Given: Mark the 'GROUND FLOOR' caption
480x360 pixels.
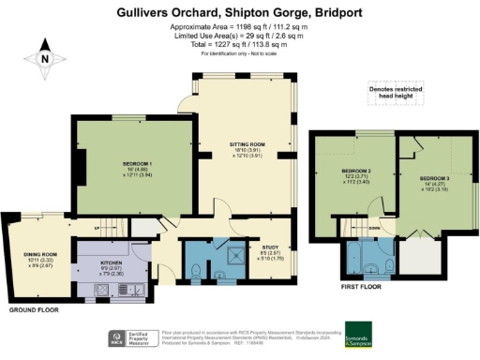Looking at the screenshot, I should point(37,308).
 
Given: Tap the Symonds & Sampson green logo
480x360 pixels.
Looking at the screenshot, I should point(357,334).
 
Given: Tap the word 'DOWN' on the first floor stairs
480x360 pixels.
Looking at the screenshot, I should point(373,228).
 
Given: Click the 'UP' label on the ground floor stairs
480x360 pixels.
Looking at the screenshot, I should point(97,227).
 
